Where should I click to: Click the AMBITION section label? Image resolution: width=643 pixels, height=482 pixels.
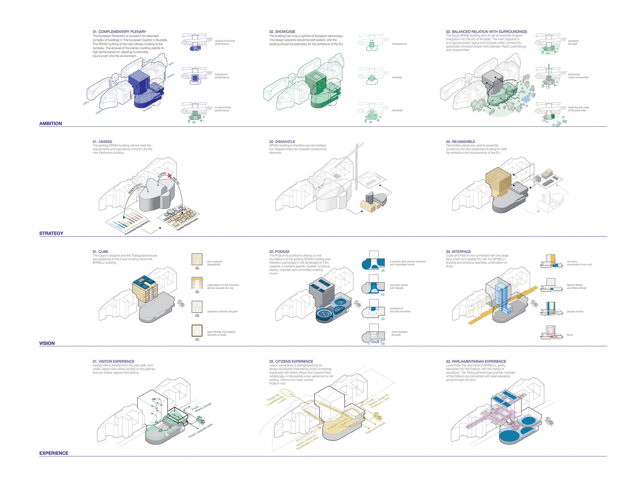tap(51, 123)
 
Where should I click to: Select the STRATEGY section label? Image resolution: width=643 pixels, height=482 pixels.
tap(51, 233)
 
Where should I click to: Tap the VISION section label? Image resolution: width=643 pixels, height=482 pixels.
tap(47, 343)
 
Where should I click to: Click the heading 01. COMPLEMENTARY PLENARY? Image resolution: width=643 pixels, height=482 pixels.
tap(119, 32)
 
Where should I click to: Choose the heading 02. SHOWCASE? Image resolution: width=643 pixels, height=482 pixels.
tap(282, 32)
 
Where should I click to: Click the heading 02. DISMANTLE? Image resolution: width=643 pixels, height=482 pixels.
tap(282, 142)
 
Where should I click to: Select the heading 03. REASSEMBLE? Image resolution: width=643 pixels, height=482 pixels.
tap(460, 142)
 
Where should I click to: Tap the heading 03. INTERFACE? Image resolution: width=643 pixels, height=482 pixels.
tap(458, 252)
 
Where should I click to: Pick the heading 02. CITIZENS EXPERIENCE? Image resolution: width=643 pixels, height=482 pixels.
tap(291, 361)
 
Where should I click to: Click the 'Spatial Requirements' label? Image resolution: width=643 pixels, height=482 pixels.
tap(188, 224)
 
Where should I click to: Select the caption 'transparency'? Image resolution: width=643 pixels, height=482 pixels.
tap(399, 44)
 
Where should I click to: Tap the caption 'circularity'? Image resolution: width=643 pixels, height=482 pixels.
tap(397, 110)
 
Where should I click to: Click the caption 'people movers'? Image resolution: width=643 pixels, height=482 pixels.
tap(575, 311)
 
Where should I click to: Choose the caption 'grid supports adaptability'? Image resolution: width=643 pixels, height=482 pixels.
tap(215, 263)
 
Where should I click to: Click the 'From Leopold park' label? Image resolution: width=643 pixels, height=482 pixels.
tap(201, 431)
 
